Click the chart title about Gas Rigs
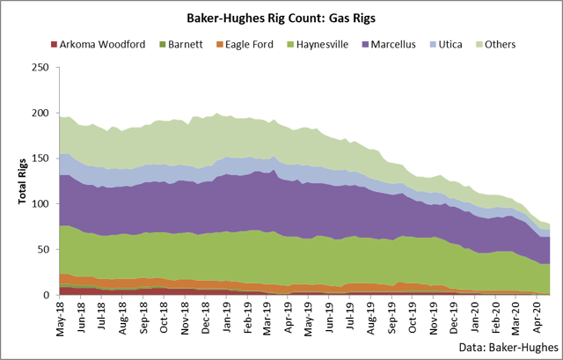[281, 16]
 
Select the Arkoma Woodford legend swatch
[54, 45]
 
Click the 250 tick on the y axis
[39, 67]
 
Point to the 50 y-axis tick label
[41, 250]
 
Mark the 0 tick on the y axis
[45, 296]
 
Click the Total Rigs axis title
[18, 181]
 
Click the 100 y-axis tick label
[39, 204]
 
